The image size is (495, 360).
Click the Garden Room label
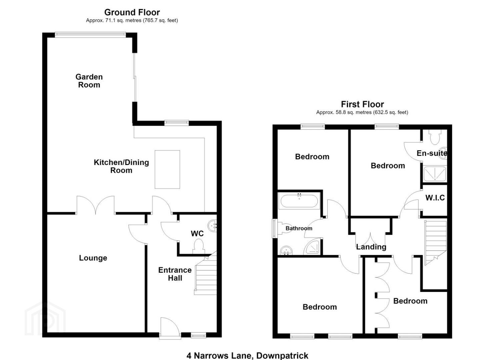coord(89,81)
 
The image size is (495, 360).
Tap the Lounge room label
coord(93,258)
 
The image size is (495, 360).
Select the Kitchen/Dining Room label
coord(121,166)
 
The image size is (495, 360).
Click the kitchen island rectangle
coord(167,170)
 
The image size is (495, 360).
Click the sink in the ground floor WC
coord(213,226)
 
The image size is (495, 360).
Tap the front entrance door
coord(170,328)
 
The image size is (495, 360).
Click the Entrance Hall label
coord(175,274)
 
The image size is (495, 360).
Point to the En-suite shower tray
coord(435,174)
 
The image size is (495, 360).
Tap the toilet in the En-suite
coord(435,137)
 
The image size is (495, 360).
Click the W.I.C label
coord(435,198)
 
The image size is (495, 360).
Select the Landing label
coord(371,247)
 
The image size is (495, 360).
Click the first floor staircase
coord(435,242)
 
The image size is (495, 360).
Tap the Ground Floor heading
coord(132,12)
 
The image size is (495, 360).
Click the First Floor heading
coord(362,104)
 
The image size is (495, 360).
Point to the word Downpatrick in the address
coord(282,356)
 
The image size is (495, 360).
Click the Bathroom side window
coord(274,229)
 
